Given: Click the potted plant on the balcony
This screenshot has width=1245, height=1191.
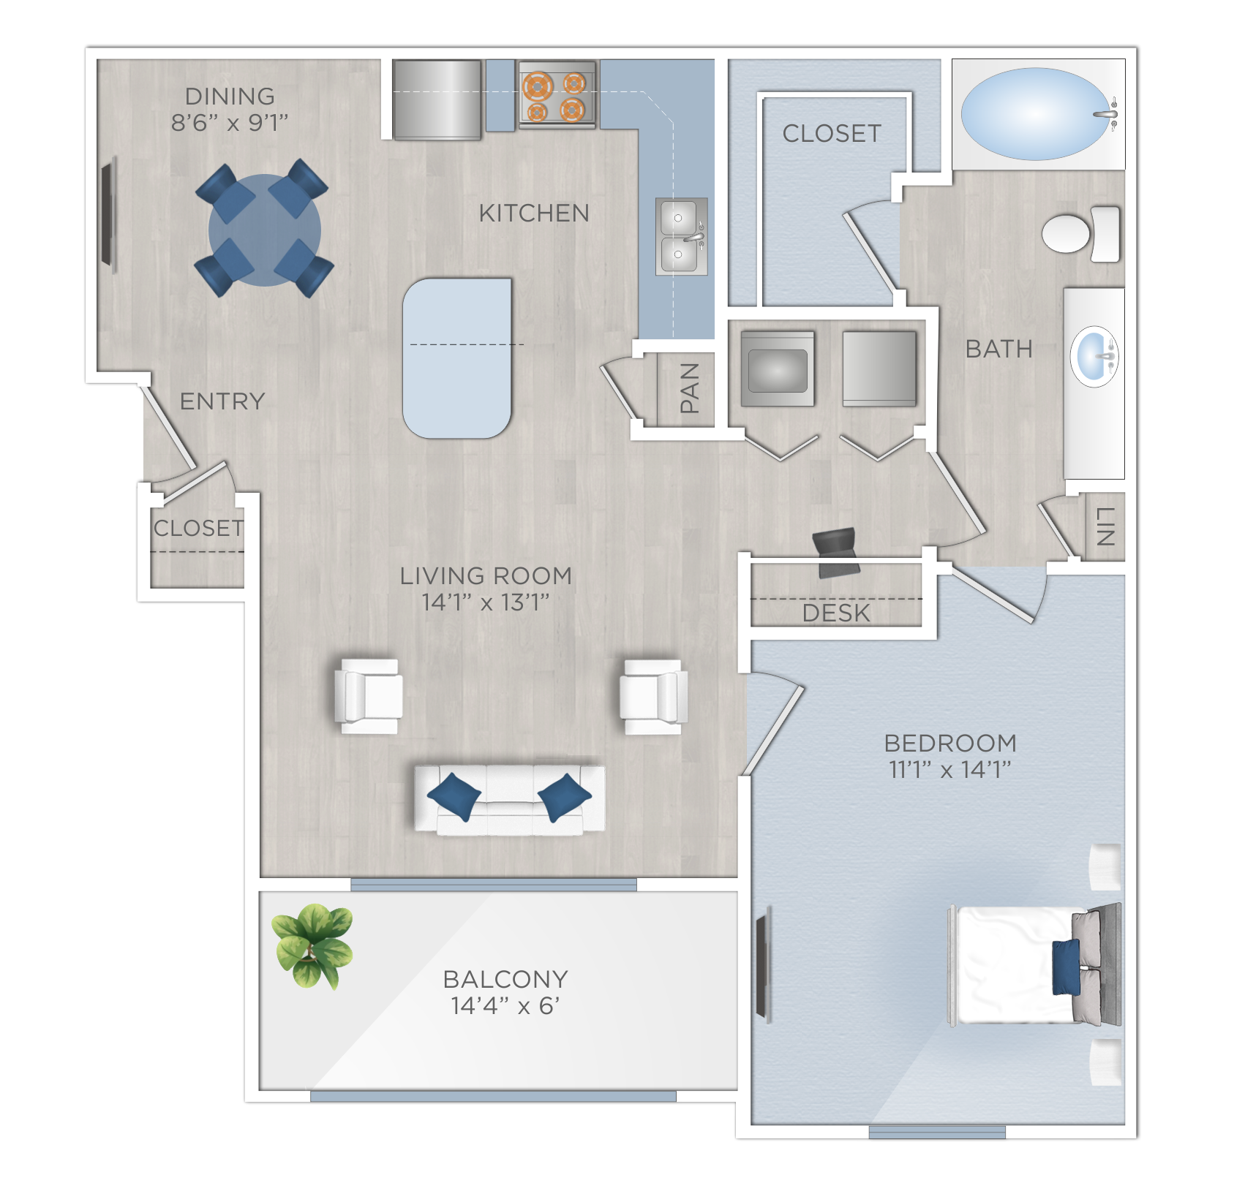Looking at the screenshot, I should coord(313,945).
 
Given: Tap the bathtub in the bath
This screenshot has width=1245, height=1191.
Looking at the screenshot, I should coord(1035,114).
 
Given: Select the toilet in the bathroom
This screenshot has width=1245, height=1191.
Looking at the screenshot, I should coord(1079,233).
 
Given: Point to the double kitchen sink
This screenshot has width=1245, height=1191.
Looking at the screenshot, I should coord(681,236).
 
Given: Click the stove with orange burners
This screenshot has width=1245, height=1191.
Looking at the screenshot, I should coord(556,96).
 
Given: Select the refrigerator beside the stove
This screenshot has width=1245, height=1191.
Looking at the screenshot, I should coord(437,99).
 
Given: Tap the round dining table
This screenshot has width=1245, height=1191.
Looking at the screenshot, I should coord(264,230).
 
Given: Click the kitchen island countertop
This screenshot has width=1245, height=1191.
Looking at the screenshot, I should coord(457,358).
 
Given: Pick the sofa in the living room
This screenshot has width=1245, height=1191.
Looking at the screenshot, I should coord(510,800).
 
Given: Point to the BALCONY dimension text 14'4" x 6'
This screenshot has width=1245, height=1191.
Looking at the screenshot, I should coord(505,1006).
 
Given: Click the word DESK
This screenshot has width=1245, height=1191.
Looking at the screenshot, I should coord(836,613).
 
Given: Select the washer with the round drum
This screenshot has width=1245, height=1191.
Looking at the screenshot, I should coord(778,369).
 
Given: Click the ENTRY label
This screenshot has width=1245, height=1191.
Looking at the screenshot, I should coord(222,401).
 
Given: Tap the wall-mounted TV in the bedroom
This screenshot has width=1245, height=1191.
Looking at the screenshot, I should coord(763,965).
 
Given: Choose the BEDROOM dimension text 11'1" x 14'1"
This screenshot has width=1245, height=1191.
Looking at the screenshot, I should coord(949,769).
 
